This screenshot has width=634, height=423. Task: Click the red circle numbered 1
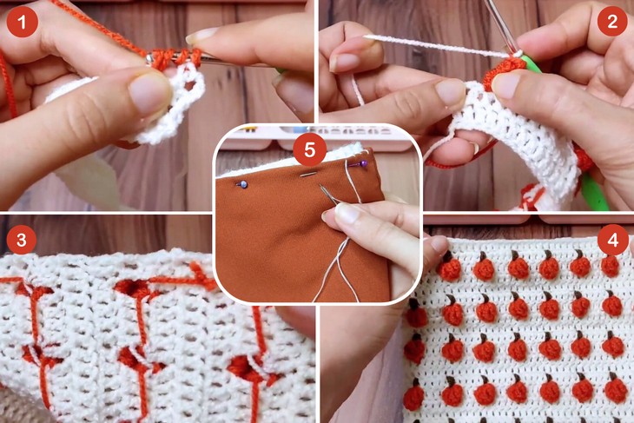click(22, 22)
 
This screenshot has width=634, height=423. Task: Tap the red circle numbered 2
click(612, 20)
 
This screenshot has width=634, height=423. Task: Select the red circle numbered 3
click(21, 240)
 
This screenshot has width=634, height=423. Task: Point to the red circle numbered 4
click(613, 240)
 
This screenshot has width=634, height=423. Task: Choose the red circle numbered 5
click(310, 150)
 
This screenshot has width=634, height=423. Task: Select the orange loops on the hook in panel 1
click(176, 58)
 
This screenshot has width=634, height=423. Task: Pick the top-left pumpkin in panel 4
click(449, 267)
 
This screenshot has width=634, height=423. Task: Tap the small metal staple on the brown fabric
click(309, 175)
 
